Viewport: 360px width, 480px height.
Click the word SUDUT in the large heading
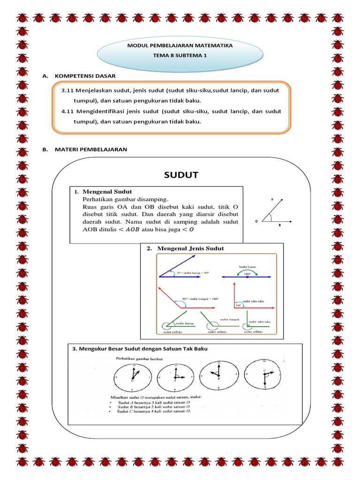point(181,175)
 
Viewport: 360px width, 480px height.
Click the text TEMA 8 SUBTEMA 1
point(180,55)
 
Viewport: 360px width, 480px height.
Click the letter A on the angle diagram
point(271,199)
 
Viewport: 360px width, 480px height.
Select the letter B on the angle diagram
point(280,225)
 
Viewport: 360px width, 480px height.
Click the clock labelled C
point(263,376)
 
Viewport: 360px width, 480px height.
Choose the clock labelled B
point(218,376)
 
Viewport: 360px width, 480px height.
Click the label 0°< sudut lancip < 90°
point(192,272)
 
